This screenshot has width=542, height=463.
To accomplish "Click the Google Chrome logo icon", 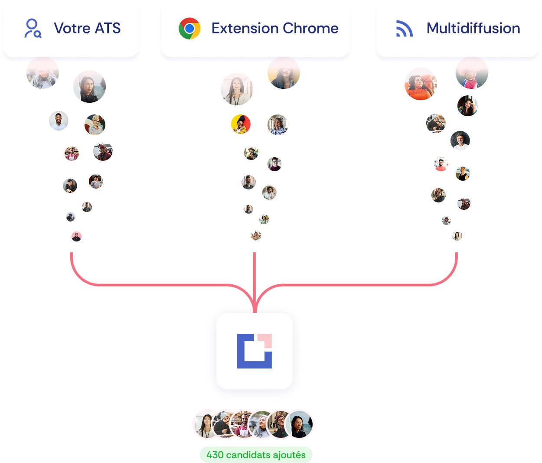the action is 189,28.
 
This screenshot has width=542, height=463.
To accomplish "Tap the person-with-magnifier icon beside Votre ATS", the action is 33,28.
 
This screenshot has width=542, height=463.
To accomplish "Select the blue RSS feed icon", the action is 404,29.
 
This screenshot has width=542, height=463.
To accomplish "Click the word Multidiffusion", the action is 473,28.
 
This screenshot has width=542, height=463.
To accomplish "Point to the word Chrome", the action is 310,28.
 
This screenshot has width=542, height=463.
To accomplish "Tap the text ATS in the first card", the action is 108,28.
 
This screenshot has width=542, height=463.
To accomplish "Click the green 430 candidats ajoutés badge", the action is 256,455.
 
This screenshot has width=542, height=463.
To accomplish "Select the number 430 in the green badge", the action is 215,455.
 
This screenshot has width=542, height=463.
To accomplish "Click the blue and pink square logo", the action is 255,351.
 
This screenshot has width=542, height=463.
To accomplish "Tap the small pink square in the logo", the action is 265,341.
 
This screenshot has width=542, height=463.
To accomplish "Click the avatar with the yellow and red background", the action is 241,124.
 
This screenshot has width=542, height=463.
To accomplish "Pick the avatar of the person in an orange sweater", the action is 420,84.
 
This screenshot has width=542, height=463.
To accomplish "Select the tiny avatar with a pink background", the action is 76,236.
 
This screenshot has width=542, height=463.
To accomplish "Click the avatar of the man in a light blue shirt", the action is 59,121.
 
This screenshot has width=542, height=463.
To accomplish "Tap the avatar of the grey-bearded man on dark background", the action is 460,140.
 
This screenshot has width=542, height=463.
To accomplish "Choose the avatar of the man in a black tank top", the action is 463,173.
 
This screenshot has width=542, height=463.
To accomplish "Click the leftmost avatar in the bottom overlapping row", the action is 206,424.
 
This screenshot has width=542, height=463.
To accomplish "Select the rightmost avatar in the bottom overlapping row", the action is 299,424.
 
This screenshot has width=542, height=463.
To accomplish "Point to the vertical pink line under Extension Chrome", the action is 255,283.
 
